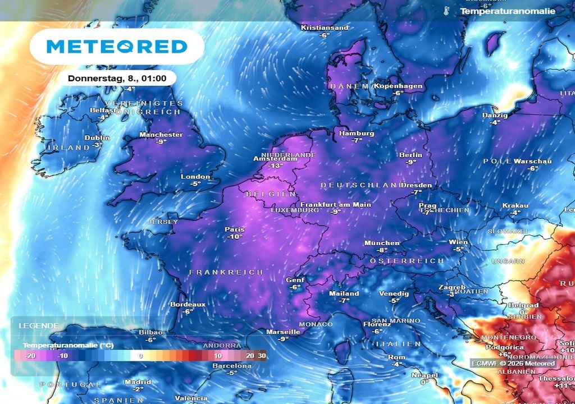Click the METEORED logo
point(116,46)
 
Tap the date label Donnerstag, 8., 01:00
point(117,78)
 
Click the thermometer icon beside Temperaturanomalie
point(446,11)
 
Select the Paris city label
point(234,229)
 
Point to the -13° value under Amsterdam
point(275,166)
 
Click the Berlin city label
point(410,155)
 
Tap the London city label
point(195,177)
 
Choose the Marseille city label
point(282,332)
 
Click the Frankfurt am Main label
point(335,204)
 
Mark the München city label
point(382,243)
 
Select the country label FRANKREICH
point(226,272)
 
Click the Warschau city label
point(533,161)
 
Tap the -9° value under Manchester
point(162,142)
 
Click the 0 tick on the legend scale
point(140,356)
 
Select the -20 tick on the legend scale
point(31,356)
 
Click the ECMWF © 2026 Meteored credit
point(514,364)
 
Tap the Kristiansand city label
point(325,27)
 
